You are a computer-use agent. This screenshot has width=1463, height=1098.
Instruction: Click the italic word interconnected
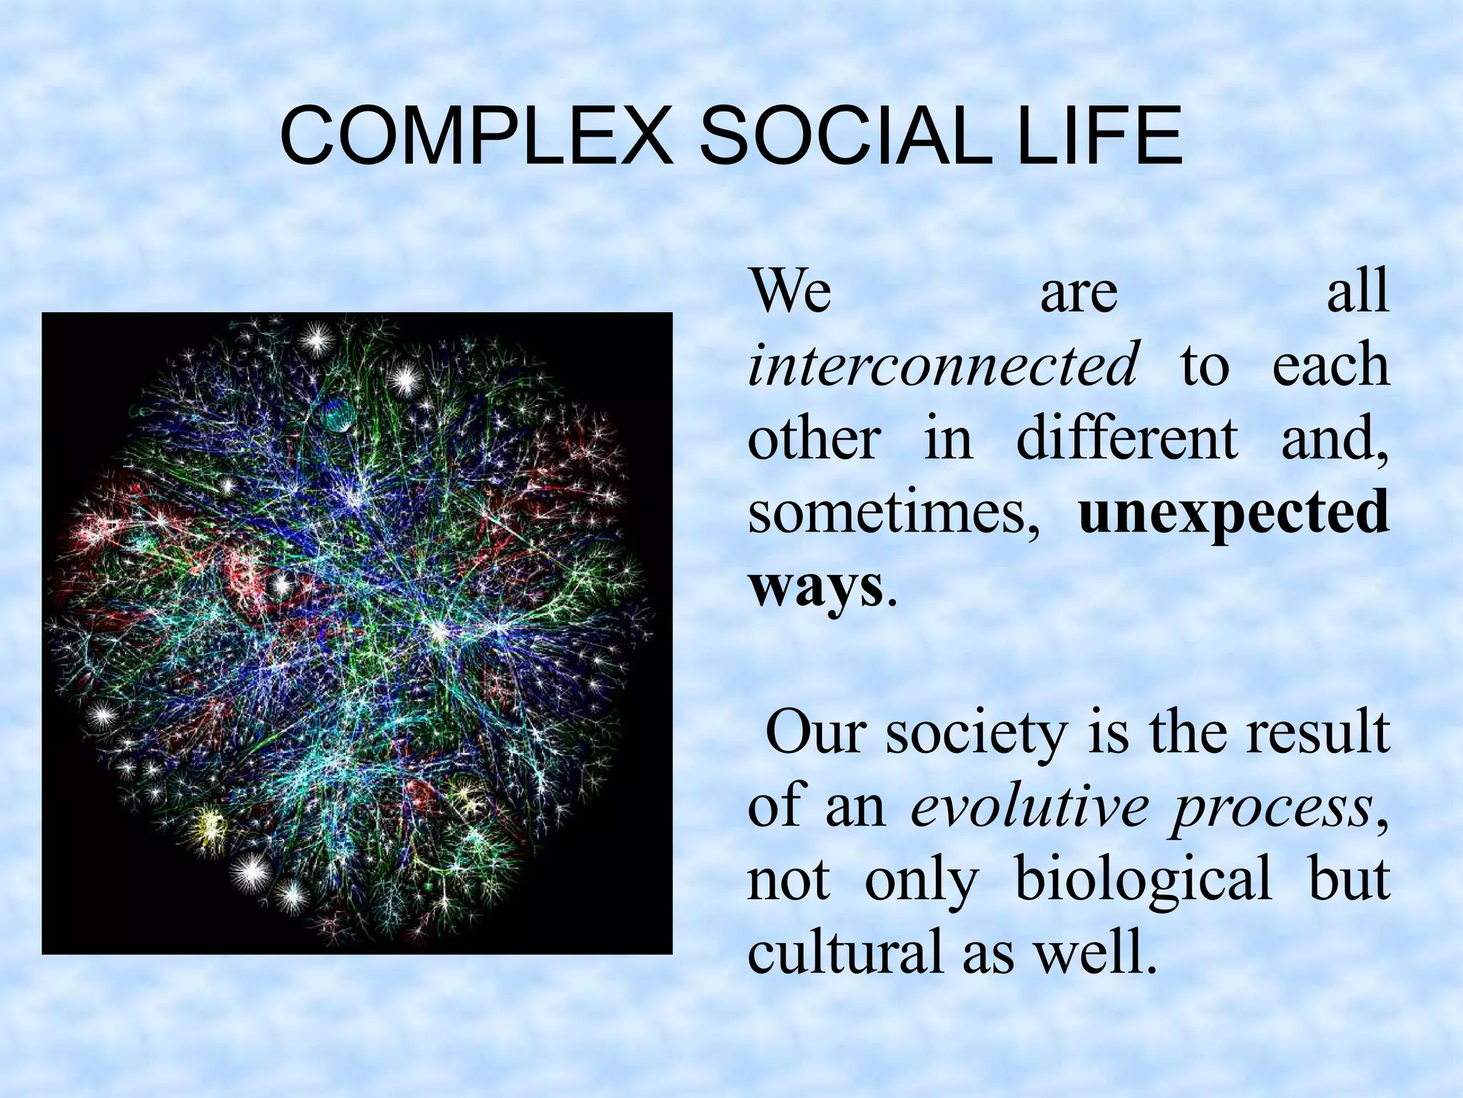tap(942, 364)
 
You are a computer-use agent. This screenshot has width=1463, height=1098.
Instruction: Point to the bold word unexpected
tap(1234, 513)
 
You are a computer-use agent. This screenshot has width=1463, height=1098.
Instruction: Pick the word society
tap(977, 734)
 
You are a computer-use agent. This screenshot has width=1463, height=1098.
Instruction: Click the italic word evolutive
tap(1029, 807)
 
